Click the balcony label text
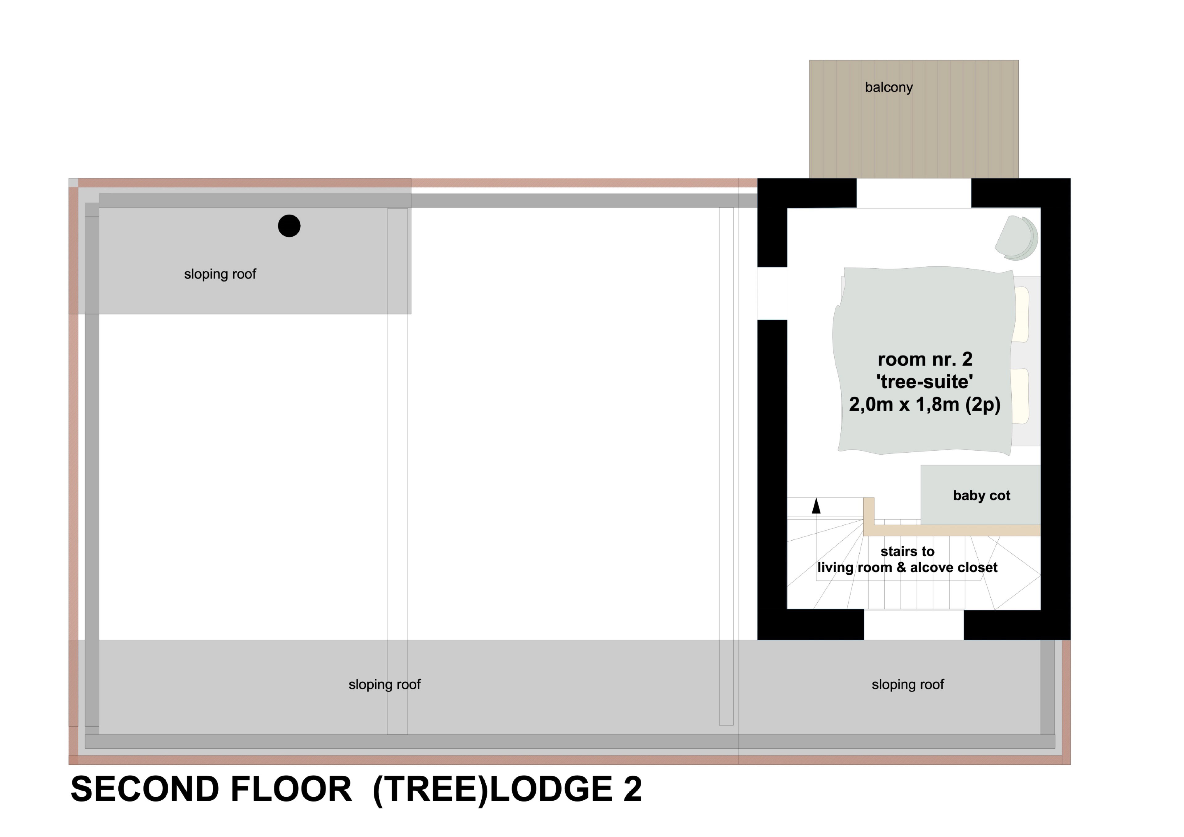coord(889,88)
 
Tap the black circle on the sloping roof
coord(289,226)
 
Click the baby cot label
coord(981,496)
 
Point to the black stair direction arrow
coord(816,506)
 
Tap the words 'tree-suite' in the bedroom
coord(925,382)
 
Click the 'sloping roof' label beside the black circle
coord(220,274)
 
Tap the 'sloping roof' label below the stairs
coord(908,684)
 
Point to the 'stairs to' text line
coord(908,551)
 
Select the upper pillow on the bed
coord(1021,314)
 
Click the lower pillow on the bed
coord(1021,396)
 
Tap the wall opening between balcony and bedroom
coord(914,193)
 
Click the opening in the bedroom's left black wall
coord(772,293)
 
